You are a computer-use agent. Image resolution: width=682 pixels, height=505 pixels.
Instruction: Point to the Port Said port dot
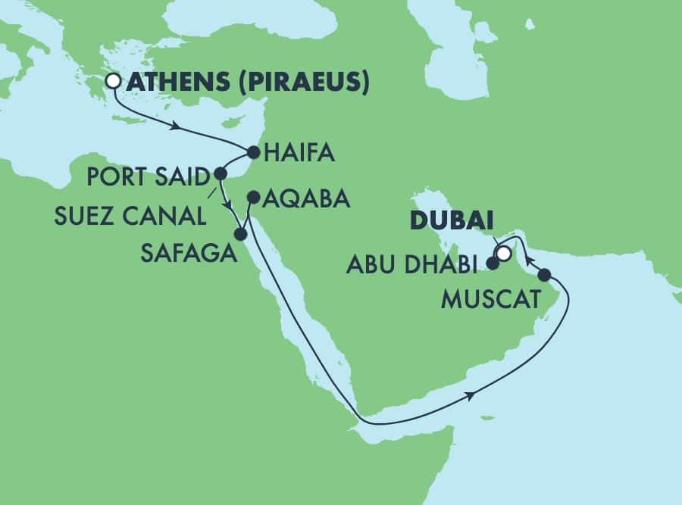[x=221, y=173]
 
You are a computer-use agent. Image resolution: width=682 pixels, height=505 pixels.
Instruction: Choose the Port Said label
[x=148, y=179]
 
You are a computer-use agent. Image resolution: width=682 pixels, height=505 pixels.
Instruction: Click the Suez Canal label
[x=130, y=216]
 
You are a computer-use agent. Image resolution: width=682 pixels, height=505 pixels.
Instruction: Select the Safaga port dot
[x=240, y=235]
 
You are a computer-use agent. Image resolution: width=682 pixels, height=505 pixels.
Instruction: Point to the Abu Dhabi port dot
[x=493, y=264]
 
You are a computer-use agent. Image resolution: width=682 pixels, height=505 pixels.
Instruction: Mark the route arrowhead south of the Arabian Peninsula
[x=473, y=394]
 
